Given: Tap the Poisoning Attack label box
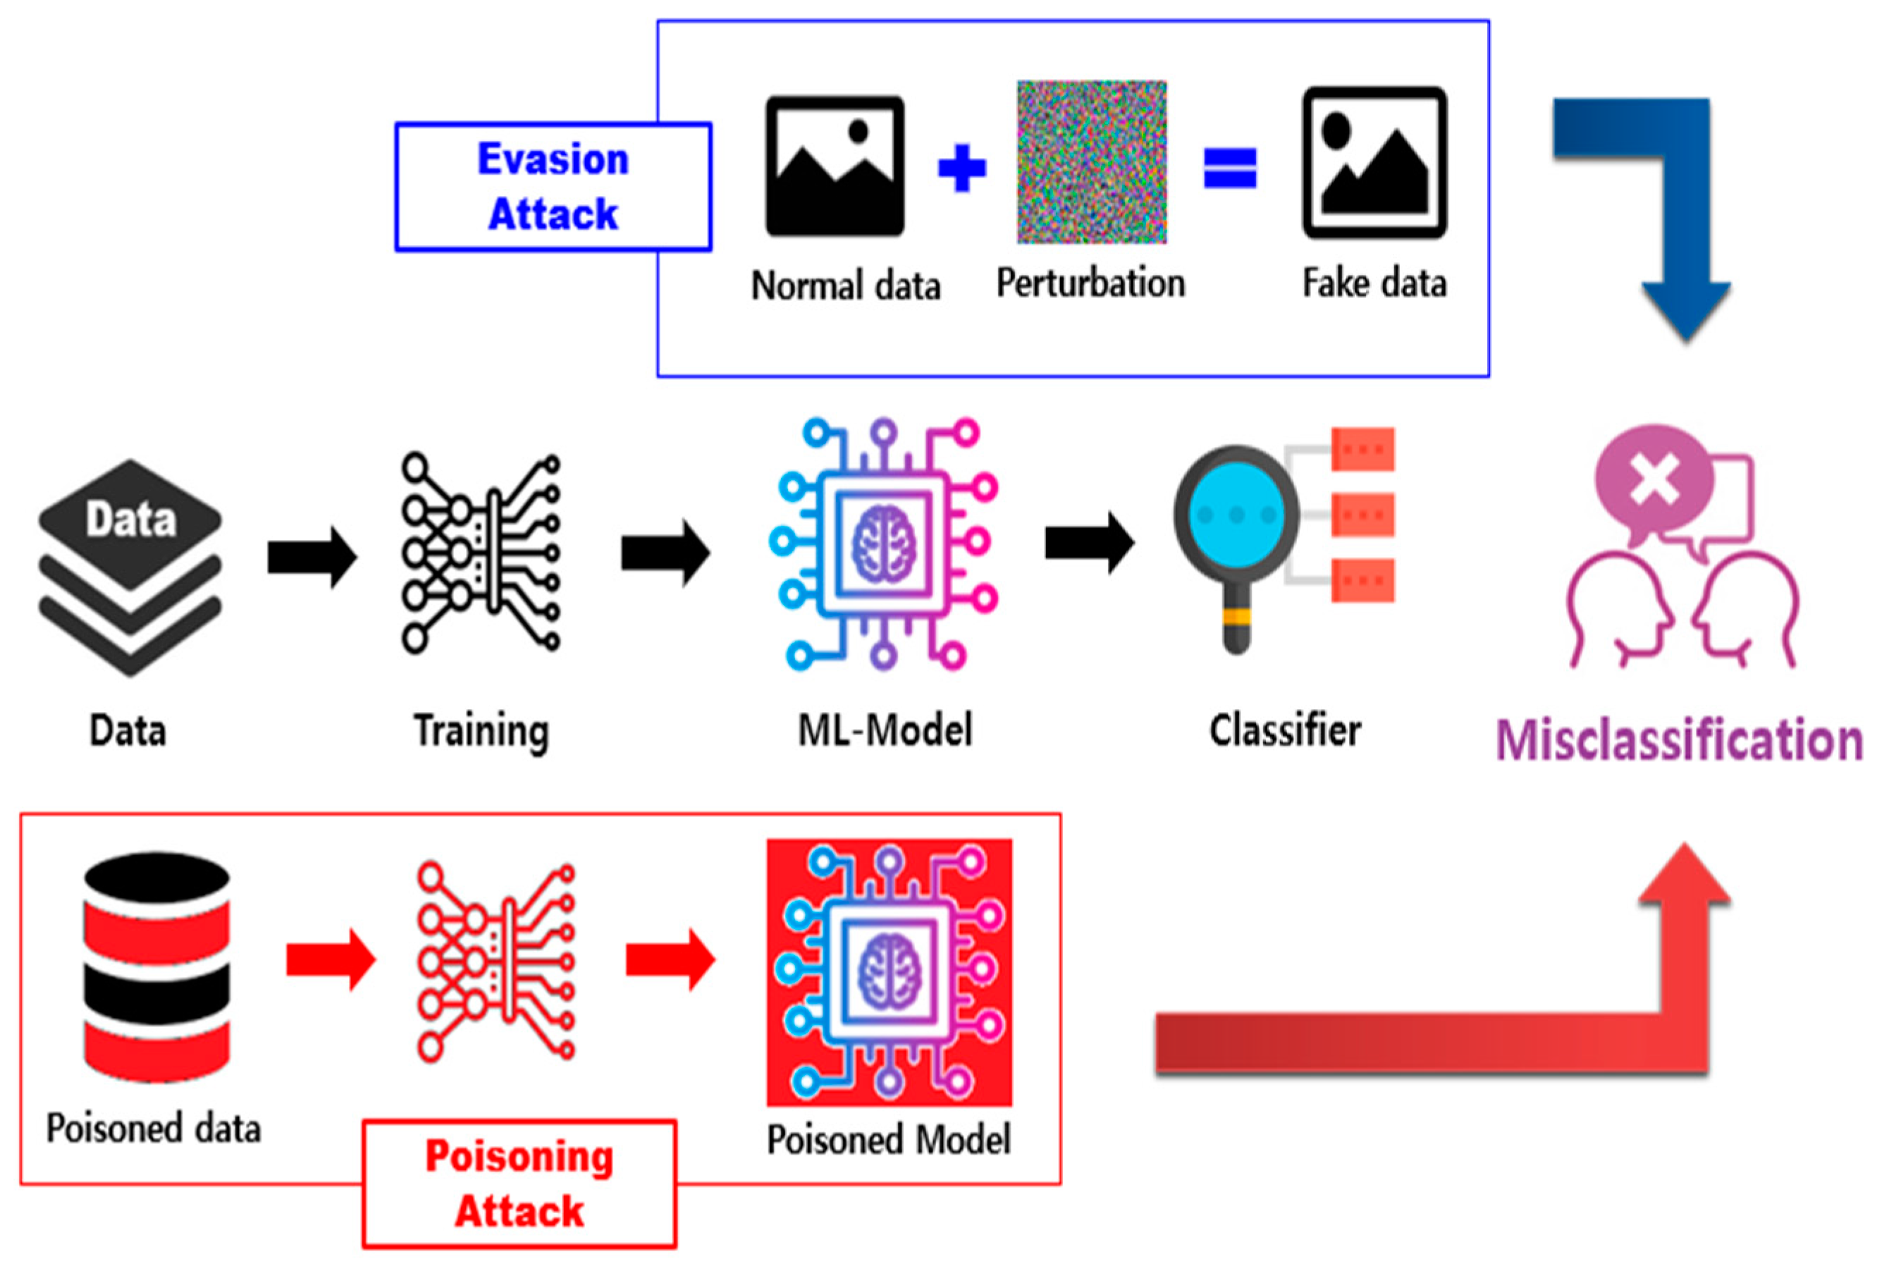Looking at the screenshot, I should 519,1183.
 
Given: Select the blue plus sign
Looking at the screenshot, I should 961,168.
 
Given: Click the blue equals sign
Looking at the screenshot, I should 1229,168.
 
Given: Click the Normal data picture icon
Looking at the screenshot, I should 834,166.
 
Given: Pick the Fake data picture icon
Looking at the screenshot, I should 1374,162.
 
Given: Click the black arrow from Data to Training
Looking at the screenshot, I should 312,557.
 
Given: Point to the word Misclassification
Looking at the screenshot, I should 1679,740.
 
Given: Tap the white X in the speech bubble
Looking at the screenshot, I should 1654,479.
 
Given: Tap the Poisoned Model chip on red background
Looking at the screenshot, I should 889,971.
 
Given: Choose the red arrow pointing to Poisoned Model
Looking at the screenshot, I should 670,959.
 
